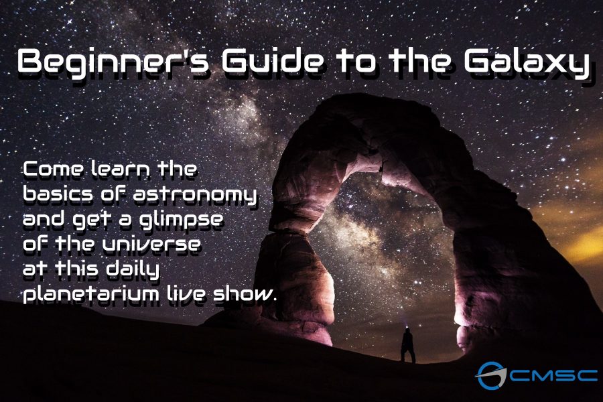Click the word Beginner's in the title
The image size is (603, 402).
[113, 62]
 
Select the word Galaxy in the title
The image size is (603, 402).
[527, 62]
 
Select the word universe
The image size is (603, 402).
[151, 244]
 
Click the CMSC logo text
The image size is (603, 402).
[554, 375]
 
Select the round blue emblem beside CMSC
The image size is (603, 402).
[492, 375]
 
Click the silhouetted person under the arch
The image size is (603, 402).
[407, 344]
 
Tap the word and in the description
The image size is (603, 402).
[44, 219]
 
